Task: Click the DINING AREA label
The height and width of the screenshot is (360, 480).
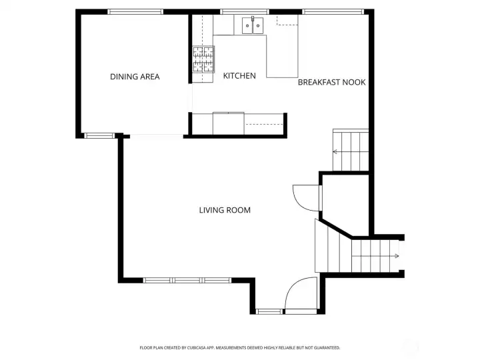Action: tap(135, 77)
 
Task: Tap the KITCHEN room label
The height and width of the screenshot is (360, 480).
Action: tap(239, 76)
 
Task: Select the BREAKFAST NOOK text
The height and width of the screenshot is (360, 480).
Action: tap(331, 82)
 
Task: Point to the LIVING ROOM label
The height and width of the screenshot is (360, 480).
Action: tap(225, 210)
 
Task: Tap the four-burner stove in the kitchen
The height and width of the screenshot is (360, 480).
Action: tap(204, 59)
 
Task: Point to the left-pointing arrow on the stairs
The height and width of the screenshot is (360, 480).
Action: tap(336, 152)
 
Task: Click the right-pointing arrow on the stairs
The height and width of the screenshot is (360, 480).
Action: tap(396, 255)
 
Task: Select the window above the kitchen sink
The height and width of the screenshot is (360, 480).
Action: tap(245, 11)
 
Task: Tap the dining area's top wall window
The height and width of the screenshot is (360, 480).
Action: tap(135, 11)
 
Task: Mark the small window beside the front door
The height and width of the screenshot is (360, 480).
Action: tap(269, 311)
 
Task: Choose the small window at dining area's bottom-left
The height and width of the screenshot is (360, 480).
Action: tap(99, 135)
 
